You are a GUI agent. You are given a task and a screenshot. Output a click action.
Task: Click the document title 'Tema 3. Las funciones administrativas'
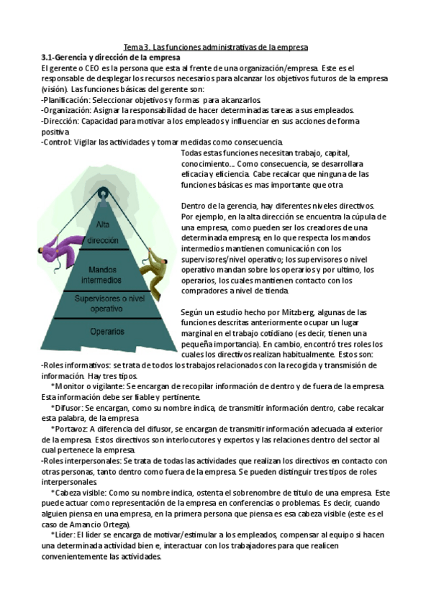pyautogui.click(x=216, y=47)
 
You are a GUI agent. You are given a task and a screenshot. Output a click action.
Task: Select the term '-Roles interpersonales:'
pyautogui.click(x=81, y=460)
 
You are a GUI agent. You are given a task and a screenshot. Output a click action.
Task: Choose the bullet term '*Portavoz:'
pyautogui.click(x=71, y=429)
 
